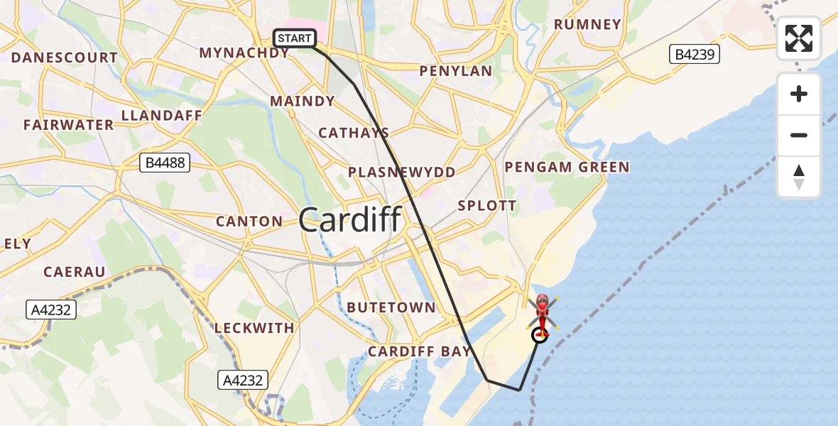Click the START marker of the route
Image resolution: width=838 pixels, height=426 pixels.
pyautogui.click(x=295, y=38)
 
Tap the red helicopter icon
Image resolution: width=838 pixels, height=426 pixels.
pyautogui.click(x=542, y=313)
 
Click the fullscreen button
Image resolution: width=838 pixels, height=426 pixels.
pyautogui.click(x=799, y=38)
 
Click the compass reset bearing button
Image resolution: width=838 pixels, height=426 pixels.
pyautogui.click(x=799, y=177)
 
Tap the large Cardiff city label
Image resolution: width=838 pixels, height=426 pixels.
pyautogui.click(x=350, y=220)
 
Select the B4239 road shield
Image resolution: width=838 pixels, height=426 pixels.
pyautogui.click(x=695, y=54)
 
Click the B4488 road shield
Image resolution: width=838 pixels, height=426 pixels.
pyautogui.click(x=165, y=163)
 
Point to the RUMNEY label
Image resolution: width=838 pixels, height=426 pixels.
pyautogui.click(x=587, y=24)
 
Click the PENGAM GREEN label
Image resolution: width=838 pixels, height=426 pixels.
pyautogui.click(x=567, y=167)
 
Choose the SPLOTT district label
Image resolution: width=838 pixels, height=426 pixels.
pyautogui.click(x=487, y=206)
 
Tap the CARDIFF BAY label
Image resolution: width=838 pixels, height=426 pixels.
pyautogui.click(x=419, y=351)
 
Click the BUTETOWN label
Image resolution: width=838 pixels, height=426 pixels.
pyautogui.click(x=391, y=307)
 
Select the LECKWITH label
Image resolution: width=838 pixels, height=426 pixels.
pyautogui.click(x=254, y=328)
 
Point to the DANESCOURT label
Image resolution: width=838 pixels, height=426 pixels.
pyautogui.click(x=65, y=58)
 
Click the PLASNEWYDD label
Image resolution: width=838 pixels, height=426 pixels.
pyautogui.click(x=401, y=173)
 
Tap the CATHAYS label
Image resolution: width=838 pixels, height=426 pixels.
pyautogui.click(x=354, y=133)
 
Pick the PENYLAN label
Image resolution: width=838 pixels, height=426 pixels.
pyautogui.click(x=455, y=71)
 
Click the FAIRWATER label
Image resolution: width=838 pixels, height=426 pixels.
pyautogui.click(x=68, y=125)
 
